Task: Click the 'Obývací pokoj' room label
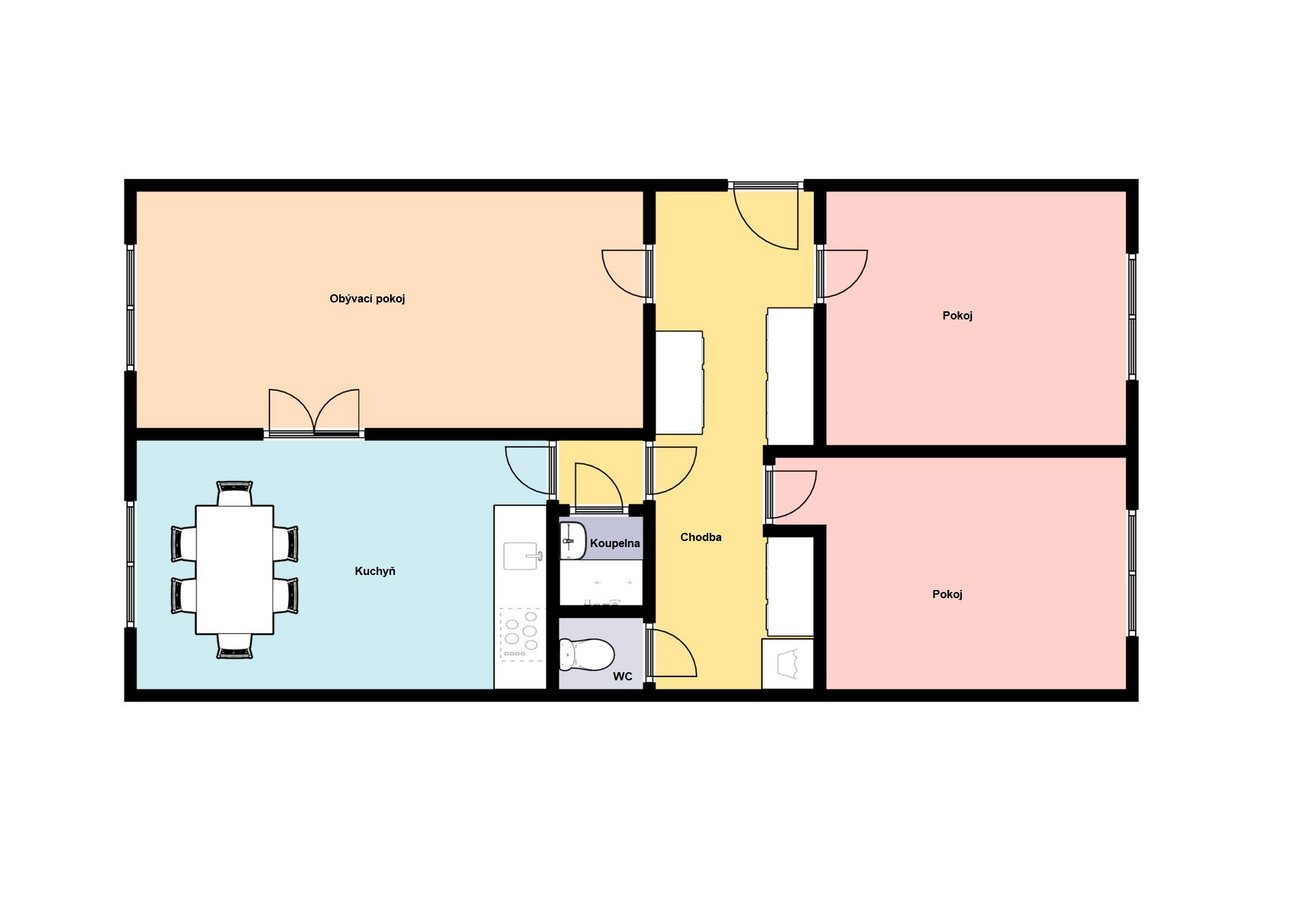coord(367,299)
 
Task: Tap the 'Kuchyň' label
coord(375,571)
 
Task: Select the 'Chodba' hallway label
coord(701,537)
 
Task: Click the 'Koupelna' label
coord(614,543)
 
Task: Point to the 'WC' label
coord(623,676)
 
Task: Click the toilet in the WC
coord(587,654)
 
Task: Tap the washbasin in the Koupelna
coord(573,541)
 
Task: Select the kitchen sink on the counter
coord(523,555)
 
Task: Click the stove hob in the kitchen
coord(521,634)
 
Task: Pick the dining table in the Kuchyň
coord(234,570)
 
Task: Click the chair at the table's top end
coord(234,493)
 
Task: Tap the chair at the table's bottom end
coord(234,646)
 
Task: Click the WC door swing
coord(671,653)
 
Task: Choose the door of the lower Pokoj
coord(792,494)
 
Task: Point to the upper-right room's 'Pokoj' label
coord(957,315)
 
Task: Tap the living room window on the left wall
coord(130,307)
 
